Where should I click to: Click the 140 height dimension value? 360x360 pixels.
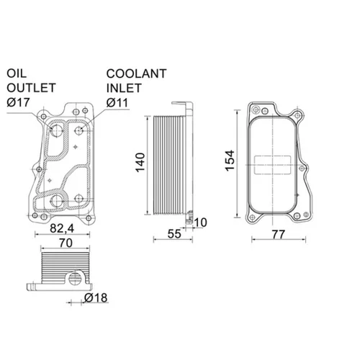[x=140, y=162]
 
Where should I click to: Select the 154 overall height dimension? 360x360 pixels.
[x=230, y=161]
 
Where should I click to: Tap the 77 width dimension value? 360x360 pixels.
[x=279, y=234]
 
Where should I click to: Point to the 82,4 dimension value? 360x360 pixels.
[x=62, y=228]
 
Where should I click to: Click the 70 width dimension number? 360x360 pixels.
[x=66, y=243]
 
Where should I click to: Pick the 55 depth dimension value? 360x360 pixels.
[x=174, y=234]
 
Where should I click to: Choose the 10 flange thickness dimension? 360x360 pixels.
[x=200, y=222]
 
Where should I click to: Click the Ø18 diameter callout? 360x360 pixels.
[x=96, y=298]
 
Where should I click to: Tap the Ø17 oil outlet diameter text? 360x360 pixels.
[x=18, y=102]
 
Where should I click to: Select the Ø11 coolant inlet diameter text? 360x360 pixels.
[x=117, y=103]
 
